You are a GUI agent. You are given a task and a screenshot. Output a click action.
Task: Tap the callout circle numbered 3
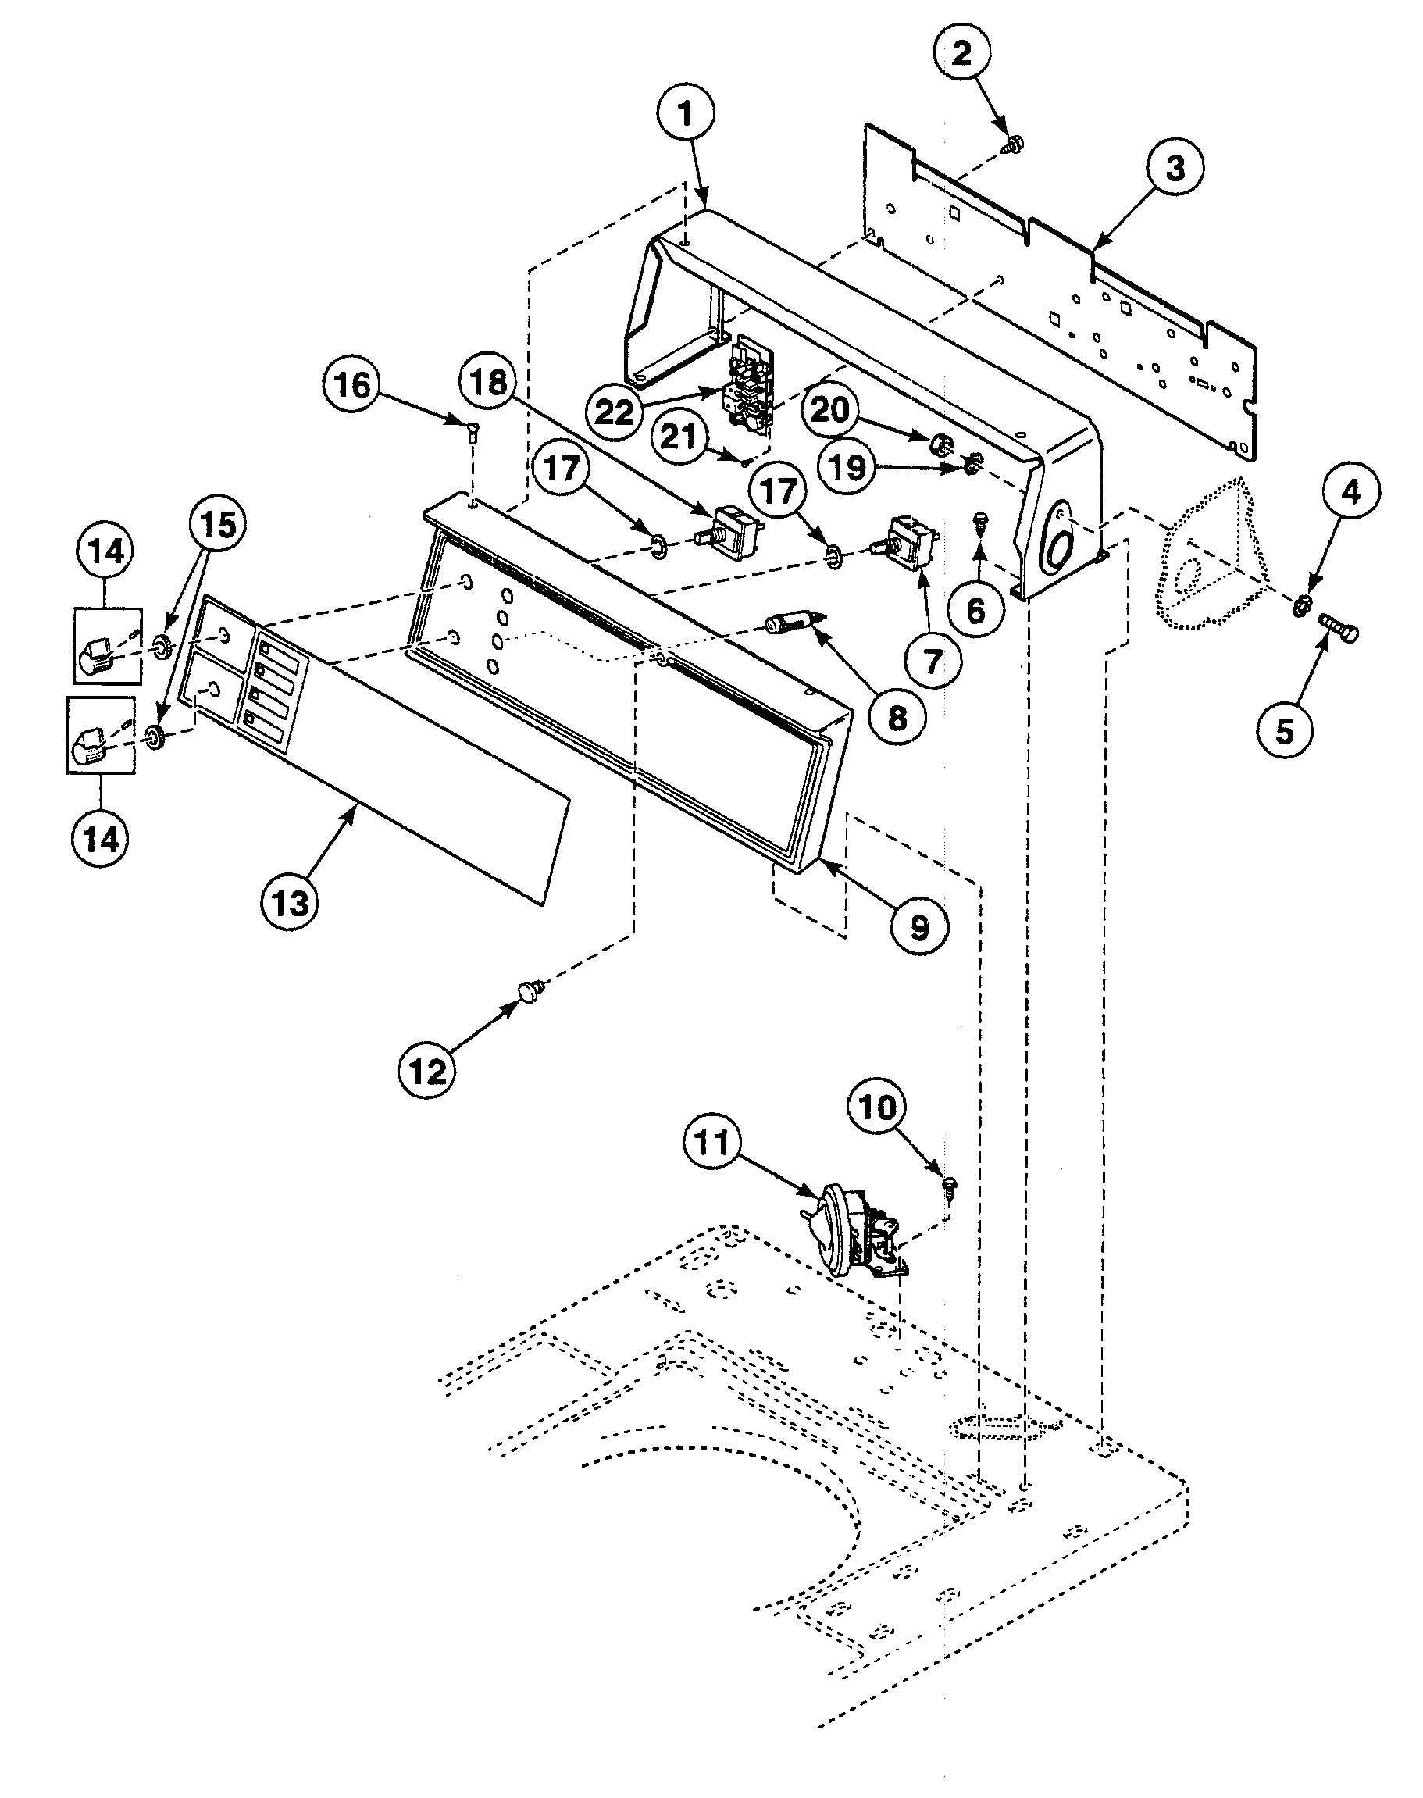coord(1174,169)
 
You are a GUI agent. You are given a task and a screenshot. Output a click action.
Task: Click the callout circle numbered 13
coord(289,902)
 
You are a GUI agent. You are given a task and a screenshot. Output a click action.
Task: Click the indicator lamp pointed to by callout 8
coord(790,623)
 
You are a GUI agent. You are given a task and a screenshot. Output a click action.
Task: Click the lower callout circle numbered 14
coord(101,838)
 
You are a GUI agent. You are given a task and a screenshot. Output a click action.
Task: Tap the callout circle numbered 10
coord(877,1108)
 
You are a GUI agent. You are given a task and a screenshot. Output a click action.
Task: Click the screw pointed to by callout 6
coord(979,523)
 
